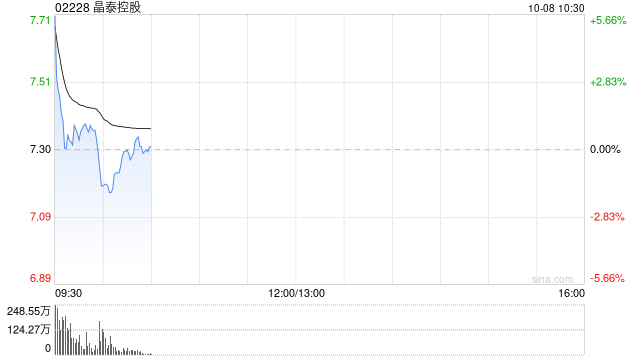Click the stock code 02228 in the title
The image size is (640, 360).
[x=72, y=7]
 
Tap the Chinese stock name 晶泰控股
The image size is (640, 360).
[x=117, y=7]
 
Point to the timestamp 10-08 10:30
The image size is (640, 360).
[x=556, y=8]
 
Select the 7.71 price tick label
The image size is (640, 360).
[x=40, y=20]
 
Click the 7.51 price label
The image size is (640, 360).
[x=40, y=82]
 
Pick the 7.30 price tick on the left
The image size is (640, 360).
[x=40, y=149]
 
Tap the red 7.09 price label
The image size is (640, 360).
[x=40, y=216]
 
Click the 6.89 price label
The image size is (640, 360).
[x=40, y=278]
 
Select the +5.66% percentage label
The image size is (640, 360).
[x=608, y=20]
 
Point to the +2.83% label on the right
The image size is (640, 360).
[x=608, y=82]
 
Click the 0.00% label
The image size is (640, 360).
[x=605, y=149]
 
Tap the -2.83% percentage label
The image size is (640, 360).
[x=607, y=216]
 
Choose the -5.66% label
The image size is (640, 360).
[x=607, y=278]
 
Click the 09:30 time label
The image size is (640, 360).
[x=69, y=293]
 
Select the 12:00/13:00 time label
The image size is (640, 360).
[x=297, y=293]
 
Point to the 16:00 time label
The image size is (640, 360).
[x=571, y=293]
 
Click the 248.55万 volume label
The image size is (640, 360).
[x=29, y=311]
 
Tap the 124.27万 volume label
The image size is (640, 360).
[x=29, y=329]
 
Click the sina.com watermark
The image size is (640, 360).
[x=553, y=280]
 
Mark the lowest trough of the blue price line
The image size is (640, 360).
[x=110, y=192]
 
